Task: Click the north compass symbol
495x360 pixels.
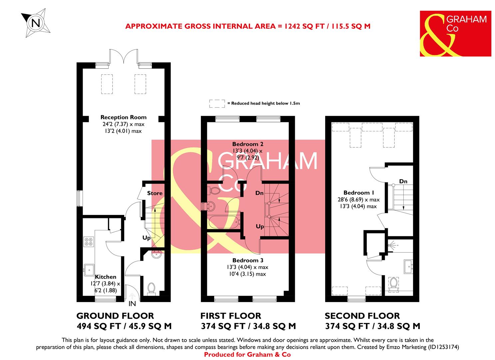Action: coord(36,22)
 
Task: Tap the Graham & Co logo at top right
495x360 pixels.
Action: coord(455,34)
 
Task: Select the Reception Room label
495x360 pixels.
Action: coord(123,117)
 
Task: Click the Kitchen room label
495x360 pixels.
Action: coord(106,277)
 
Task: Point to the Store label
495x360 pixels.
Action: coord(155,193)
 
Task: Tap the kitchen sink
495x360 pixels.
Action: coord(89,270)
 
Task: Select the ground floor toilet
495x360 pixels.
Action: coord(152,288)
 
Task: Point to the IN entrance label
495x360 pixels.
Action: coord(132,304)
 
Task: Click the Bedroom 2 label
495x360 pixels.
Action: coord(248,144)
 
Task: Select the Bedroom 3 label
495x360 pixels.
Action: coord(248,260)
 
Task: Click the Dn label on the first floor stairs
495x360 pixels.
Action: coord(259,193)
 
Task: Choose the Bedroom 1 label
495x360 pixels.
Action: coord(359,193)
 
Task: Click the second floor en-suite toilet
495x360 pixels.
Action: coord(393,283)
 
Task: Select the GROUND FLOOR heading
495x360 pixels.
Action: coord(115,316)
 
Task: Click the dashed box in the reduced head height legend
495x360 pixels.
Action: coord(217,103)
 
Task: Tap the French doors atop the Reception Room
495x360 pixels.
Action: coord(124,56)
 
